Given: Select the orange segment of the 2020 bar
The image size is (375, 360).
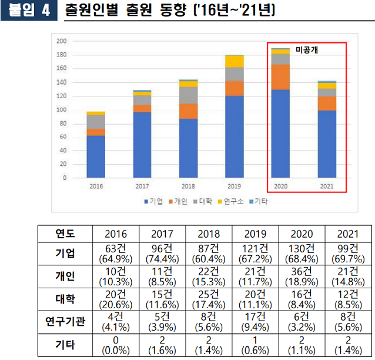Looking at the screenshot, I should tap(280, 77).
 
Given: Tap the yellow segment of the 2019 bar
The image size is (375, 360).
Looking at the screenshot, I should tap(234, 61).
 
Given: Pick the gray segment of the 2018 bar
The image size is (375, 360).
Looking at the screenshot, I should tap(189, 95).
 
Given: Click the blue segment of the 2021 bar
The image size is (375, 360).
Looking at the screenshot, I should tap(327, 144).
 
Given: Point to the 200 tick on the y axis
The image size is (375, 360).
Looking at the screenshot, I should tap(61, 41).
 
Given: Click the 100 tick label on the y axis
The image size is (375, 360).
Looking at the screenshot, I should tap(61, 110).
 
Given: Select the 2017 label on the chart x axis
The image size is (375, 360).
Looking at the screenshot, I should tap(142, 186).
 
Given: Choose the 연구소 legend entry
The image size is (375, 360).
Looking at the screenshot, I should tap(232, 202).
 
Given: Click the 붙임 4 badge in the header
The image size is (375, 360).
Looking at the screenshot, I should tap(29, 11).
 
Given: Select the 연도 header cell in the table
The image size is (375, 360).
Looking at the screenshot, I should tap(65, 234).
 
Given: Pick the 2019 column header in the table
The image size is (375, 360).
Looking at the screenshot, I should tap(255, 234).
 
